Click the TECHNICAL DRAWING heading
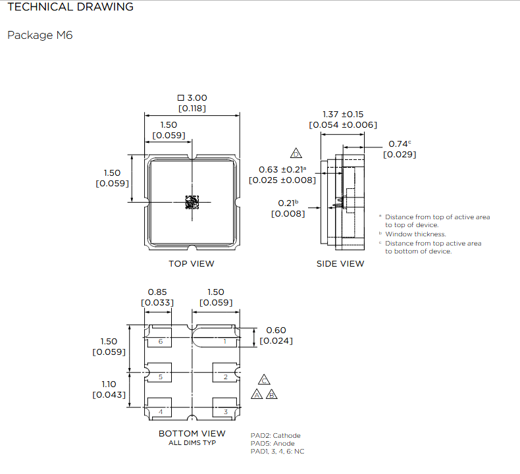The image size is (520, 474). (70, 7)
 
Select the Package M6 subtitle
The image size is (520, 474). (39, 35)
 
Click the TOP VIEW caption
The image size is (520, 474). (192, 264)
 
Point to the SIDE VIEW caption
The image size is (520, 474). (340, 264)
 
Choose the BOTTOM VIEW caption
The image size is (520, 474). (192, 433)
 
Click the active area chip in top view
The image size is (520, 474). (192, 202)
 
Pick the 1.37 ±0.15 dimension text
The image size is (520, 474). (343, 114)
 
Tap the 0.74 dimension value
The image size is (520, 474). (398, 144)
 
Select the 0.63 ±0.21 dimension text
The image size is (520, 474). (282, 169)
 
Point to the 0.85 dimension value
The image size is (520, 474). (157, 292)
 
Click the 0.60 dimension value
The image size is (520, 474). (276, 330)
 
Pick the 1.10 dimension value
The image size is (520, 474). (109, 384)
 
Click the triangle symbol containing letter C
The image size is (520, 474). (264, 380)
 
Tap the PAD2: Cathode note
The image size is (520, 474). (275, 435)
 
